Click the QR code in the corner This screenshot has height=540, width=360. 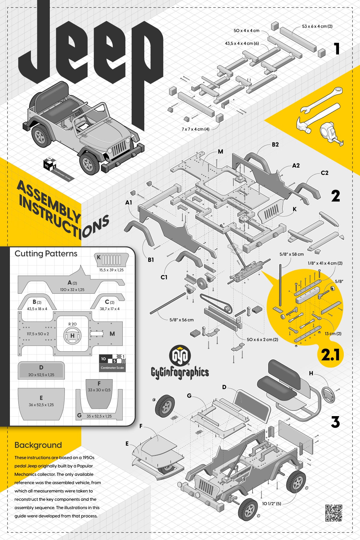pyautogui.click(x=334, y=513)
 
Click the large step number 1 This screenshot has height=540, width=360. pyautogui.click(x=337, y=49)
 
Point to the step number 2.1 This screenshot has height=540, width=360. pyautogui.click(x=330, y=355)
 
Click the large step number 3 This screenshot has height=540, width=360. pyautogui.click(x=335, y=422)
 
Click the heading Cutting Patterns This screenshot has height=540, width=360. pyautogui.click(x=46, y=254)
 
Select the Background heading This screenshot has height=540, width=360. pyautogui.click(x=38, y=445)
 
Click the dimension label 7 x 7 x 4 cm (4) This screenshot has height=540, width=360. pyautogui.click(x=195, y=129)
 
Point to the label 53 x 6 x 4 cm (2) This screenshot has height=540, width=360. pyautogui.click(x=317, y=26)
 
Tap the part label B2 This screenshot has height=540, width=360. pyautogui.click(x=275, y=145)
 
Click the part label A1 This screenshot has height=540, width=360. pyautogui.click(x=128, y=203)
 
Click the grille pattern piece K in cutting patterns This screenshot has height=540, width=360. pyautogui.click(x=112, y=259)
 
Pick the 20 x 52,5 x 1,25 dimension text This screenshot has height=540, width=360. pyautogui.click(x=41, y=375)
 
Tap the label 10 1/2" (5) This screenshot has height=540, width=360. pyautogui.click(x=271, y=504)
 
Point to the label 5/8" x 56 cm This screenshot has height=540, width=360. pyautogui.click(x=181, y=320)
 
